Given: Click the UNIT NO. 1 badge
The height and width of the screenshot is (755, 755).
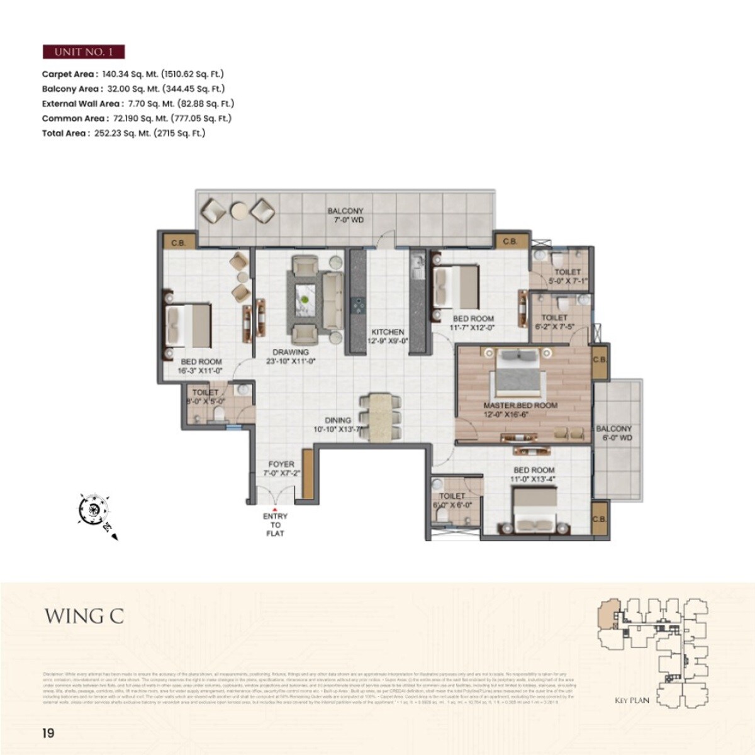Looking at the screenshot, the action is (83, 52).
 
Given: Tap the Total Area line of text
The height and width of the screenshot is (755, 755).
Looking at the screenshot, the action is (124, 133).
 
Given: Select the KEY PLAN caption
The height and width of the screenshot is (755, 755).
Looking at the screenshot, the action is (632, 700).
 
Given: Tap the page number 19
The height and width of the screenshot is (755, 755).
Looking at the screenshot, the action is (48, 733).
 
